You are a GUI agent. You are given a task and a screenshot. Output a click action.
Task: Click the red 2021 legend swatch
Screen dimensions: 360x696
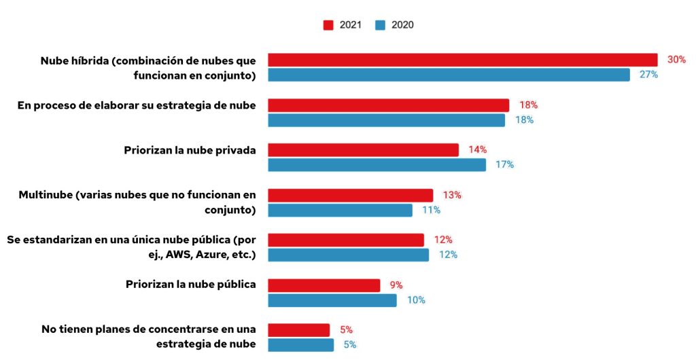click(328, 25)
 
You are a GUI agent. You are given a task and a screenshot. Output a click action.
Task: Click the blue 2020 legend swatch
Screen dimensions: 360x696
click(380, 25)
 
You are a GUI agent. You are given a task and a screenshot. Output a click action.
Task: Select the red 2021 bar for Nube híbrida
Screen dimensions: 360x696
click(462, 60)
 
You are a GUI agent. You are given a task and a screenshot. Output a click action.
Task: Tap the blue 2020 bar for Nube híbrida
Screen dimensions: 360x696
click(449, 75)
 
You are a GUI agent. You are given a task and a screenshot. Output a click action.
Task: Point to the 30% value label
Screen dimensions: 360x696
click(676, 60)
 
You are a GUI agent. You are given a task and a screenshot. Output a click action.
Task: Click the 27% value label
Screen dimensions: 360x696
click(648, 75)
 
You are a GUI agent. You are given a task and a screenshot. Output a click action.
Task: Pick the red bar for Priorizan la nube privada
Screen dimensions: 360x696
click(363, 149)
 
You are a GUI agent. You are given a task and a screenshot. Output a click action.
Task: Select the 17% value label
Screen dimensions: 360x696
click(504, 165)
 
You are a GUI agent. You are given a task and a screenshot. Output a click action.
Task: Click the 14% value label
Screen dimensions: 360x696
click(477, 149)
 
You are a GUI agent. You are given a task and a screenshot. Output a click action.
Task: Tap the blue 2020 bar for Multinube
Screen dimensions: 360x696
click(340, 210)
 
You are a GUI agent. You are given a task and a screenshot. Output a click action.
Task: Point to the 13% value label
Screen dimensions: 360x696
click(452, 195)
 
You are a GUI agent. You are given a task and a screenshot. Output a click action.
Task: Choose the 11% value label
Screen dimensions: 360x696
click(431, 210)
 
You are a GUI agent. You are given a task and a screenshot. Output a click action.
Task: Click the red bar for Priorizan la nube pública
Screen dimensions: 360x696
click(324, 285)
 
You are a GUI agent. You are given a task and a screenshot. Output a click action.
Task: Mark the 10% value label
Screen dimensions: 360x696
click(416, 300)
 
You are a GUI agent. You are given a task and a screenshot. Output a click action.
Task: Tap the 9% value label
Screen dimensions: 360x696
click(396, 285)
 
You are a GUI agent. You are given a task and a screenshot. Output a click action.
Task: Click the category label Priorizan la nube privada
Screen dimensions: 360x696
click(190, 149)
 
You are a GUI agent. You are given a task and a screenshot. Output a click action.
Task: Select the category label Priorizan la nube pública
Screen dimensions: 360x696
click(190, 284)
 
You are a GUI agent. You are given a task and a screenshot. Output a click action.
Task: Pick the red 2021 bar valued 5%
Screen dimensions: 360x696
click(298, 330)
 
